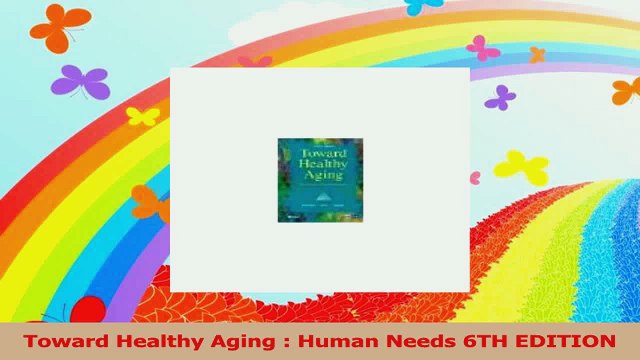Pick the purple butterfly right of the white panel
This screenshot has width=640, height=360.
500,97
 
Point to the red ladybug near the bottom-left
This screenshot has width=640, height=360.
88,310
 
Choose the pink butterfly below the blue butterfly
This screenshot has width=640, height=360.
482,48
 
